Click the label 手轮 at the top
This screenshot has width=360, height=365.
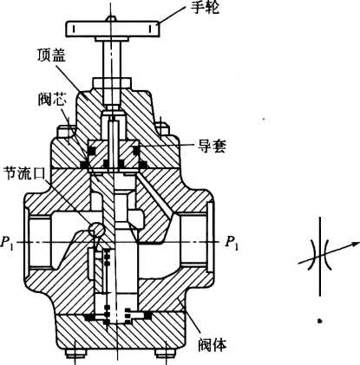click(x=205, y=8)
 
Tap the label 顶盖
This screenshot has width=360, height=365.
click(x=51, y=55)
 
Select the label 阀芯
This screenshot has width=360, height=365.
click(x=52, y=100)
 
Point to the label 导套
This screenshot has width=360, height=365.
click(x=212, y=147)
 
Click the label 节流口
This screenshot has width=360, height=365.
click(x=24, y=174)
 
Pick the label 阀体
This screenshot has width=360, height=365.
click(x=213, y=344)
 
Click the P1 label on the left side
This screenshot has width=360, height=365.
click(x=7, y=242)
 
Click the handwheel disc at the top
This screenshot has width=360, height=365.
click(x=113, y=29)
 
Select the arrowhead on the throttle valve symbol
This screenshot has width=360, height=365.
click(x=354, y=244)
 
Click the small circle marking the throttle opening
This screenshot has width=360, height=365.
click(x=96, y=230)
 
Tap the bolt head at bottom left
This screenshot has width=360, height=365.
click(x=75, y=353)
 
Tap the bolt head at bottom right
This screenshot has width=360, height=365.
click(x=166, y=353)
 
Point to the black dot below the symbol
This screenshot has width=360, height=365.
click(x=319, y=321)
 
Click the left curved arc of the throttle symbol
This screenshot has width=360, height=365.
click(x=314, y=254)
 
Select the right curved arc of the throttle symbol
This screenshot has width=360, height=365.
click(x=326, y=254)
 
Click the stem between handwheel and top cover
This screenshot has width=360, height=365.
click(x=112, y=59)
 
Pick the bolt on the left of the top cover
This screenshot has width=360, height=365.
click(x=65, y=131)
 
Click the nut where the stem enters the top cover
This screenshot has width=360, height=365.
click(x=112, y=84)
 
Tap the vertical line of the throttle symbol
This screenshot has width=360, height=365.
click(x=320, y=256)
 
